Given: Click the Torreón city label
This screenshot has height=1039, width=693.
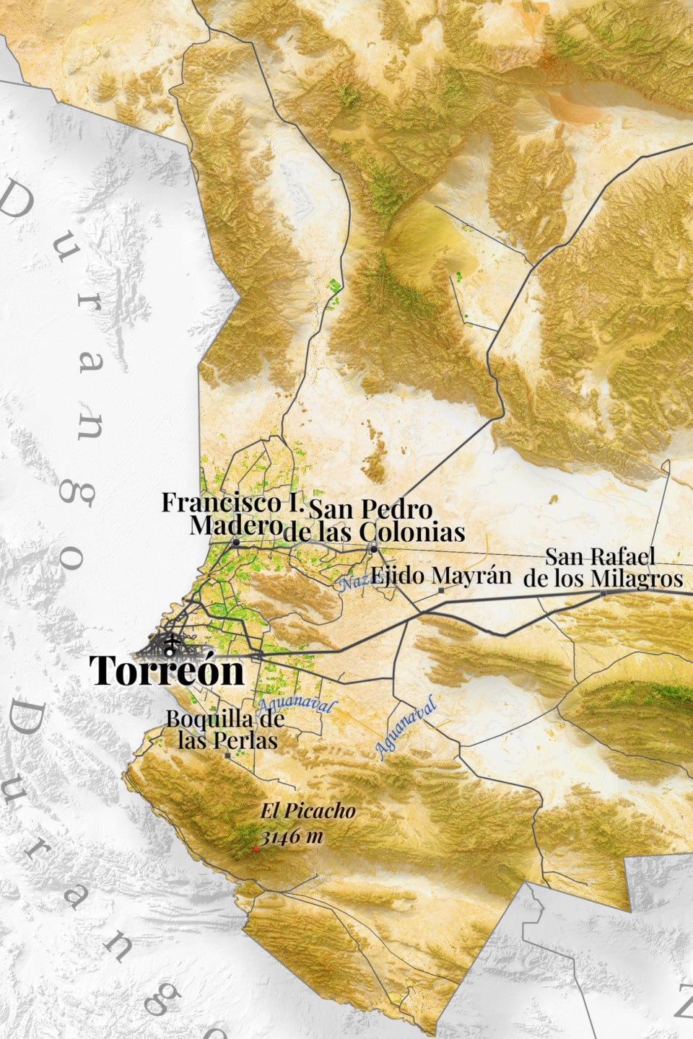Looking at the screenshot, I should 167,671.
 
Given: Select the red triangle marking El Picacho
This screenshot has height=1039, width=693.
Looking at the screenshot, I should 256,849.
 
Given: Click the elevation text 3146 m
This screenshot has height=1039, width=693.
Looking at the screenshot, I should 292,837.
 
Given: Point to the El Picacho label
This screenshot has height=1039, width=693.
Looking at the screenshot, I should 308,812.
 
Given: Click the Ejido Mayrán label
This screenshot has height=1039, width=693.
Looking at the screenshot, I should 441,576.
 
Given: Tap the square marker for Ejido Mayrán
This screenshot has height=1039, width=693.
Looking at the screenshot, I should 442,590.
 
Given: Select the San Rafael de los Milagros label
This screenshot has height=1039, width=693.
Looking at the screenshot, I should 603,568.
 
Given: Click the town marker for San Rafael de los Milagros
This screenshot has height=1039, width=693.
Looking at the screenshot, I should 603,593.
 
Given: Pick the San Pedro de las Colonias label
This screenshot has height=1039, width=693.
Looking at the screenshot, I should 373,520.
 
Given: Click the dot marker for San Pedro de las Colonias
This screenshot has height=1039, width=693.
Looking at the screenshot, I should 373,550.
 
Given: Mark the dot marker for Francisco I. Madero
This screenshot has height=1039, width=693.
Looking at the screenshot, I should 236,541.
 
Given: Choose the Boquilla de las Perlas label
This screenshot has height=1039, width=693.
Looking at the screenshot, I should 225,729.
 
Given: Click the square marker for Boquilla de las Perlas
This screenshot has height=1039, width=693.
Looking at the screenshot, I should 228,755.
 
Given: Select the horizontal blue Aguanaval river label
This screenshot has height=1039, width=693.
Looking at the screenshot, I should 293,705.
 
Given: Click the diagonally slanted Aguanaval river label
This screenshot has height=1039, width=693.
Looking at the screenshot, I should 406,727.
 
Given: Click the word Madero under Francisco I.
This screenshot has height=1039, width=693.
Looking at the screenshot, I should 235,525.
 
